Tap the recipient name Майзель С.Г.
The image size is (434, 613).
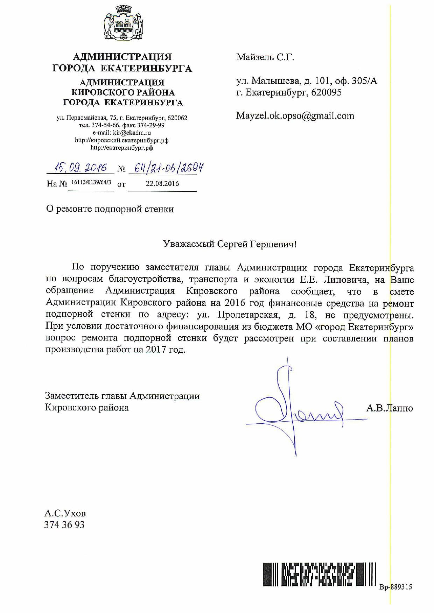coord(265,57)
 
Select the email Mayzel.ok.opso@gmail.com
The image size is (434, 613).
coord(295,116)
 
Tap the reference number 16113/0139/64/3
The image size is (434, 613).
coord(91,183)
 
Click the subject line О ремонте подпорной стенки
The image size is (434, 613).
coord(110,209)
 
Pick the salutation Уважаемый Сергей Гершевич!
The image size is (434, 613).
coord(230,244)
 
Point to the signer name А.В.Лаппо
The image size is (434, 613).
coord(390,408)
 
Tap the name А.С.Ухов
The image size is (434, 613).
coord(65,514)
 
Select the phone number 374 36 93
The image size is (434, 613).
coord(64,525)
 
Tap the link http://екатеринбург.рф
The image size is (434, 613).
coord(121,148)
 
